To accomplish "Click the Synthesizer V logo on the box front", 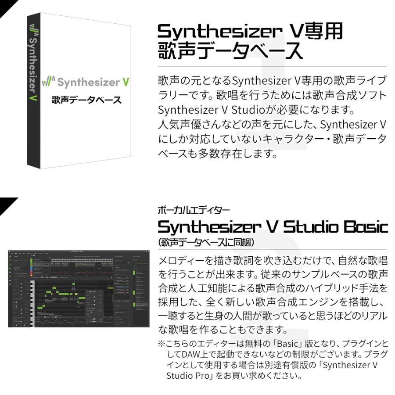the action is (x=86, y=83).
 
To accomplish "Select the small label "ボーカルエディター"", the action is (x=193, y=210).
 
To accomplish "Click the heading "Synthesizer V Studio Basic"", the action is (x=272, y=227).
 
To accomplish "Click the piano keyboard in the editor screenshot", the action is (x=32, y=303).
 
